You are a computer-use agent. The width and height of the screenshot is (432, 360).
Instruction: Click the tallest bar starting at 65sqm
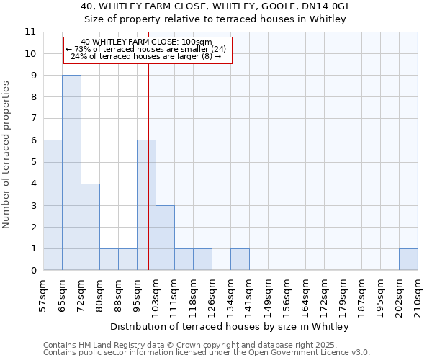point(71,173)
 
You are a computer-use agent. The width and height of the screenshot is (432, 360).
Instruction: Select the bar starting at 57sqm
point(53,205)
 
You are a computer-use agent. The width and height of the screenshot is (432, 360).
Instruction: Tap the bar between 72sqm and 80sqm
point(90,227)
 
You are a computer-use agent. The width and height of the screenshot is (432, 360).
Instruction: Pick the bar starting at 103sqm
point(165,238)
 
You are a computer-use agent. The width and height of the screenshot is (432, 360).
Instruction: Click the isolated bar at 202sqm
point(408,259)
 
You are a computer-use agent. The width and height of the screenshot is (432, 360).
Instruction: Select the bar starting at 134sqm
point(240,259)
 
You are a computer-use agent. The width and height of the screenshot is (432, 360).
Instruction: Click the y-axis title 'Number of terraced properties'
point(7,154)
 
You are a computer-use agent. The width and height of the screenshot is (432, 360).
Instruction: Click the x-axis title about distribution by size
point(230,326)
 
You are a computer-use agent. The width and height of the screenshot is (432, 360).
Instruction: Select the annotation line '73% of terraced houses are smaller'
point(148,49)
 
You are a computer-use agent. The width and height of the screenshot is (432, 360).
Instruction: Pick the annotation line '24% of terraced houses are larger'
point(148,56)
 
